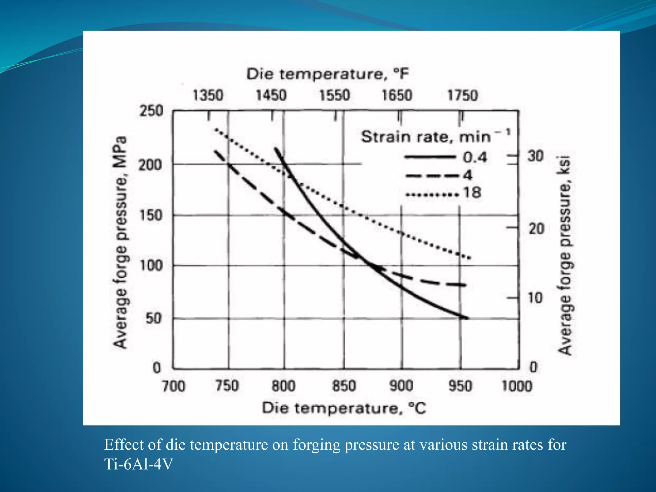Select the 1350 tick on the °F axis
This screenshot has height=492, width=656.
click(208, 95)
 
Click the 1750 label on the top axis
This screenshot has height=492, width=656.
click(462, 95)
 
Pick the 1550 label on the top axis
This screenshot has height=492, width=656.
click(335, 95)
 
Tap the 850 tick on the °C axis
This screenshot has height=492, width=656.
click(344, 386)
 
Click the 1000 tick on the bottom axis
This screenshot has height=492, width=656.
click(517, 386)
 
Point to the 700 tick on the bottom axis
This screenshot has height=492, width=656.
click(173, 386)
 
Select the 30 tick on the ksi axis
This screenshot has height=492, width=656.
click(536, 156)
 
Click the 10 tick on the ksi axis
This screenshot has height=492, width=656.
click(535, 298)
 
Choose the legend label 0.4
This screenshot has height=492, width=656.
click(475, 157)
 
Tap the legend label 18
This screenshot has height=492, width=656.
click(472, 193)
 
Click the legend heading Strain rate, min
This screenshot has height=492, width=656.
click(426, 137)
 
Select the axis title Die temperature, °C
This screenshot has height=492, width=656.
click(344, 408)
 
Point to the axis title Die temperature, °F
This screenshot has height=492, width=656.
click(327, 74)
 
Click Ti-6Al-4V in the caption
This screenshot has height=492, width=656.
click(138, 464)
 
